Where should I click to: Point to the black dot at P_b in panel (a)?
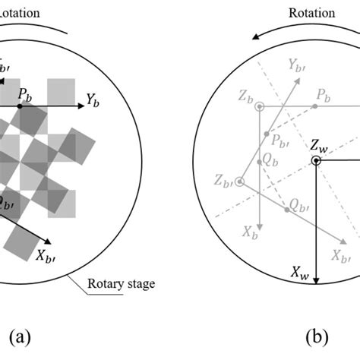(21, 106)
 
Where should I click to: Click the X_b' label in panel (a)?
(46, 254)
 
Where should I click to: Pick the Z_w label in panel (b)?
(320, 144)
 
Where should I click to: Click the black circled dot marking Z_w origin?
(315, 159)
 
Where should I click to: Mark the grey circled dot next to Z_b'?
(240, 182)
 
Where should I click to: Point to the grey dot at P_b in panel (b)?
(313, 107)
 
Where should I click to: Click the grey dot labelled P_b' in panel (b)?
(266, 134)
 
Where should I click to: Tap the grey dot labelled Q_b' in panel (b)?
(287, 210)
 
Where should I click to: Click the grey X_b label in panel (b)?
(247, 231)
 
